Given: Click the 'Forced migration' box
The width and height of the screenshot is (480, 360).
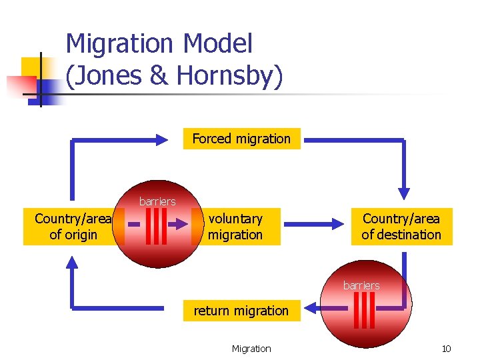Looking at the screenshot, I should pos(241,139).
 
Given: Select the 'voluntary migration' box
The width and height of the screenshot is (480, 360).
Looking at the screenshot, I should pos(235,227).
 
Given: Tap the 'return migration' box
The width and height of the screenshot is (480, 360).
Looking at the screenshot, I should pos(241,311).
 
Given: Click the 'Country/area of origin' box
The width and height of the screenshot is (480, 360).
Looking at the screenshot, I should pos(73,227).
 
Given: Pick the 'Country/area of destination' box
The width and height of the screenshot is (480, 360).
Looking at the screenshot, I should pos(401,227).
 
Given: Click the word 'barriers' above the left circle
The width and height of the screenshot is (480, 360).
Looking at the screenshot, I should pos(157,201).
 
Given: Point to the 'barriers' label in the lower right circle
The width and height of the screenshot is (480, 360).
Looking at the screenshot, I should pos(361,285).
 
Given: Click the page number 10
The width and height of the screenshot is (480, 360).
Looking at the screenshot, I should pos(446,349).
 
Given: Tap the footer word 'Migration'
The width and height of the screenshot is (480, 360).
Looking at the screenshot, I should pos(251,349).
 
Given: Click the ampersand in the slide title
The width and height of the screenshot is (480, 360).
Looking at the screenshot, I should pos(159,75).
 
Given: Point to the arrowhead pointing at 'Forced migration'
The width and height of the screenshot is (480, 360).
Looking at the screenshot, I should pos(162,139).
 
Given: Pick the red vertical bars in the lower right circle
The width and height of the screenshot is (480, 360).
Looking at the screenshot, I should pos(365,310).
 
